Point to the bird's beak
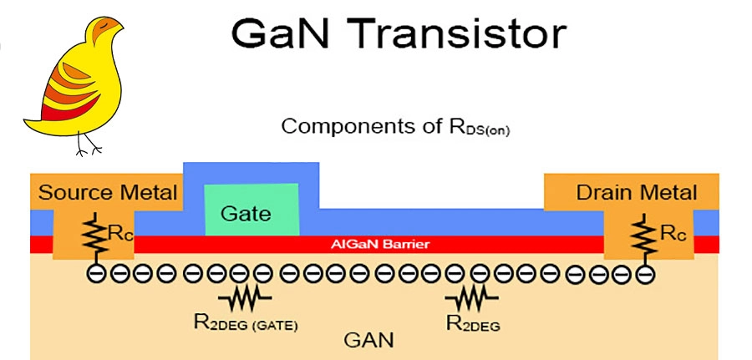tap(119, 31)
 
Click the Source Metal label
tap(109, 193)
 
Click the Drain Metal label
tap(636, 193)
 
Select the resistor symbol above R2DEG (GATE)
tap(244, 297)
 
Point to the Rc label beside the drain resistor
tap(673, 234)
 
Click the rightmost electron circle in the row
tap(644, 273)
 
